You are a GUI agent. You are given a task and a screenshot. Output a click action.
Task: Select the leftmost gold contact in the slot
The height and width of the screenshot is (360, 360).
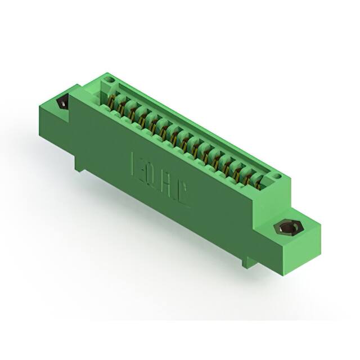click(112, 103)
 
